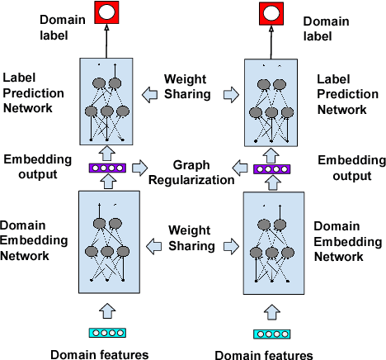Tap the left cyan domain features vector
106,333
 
